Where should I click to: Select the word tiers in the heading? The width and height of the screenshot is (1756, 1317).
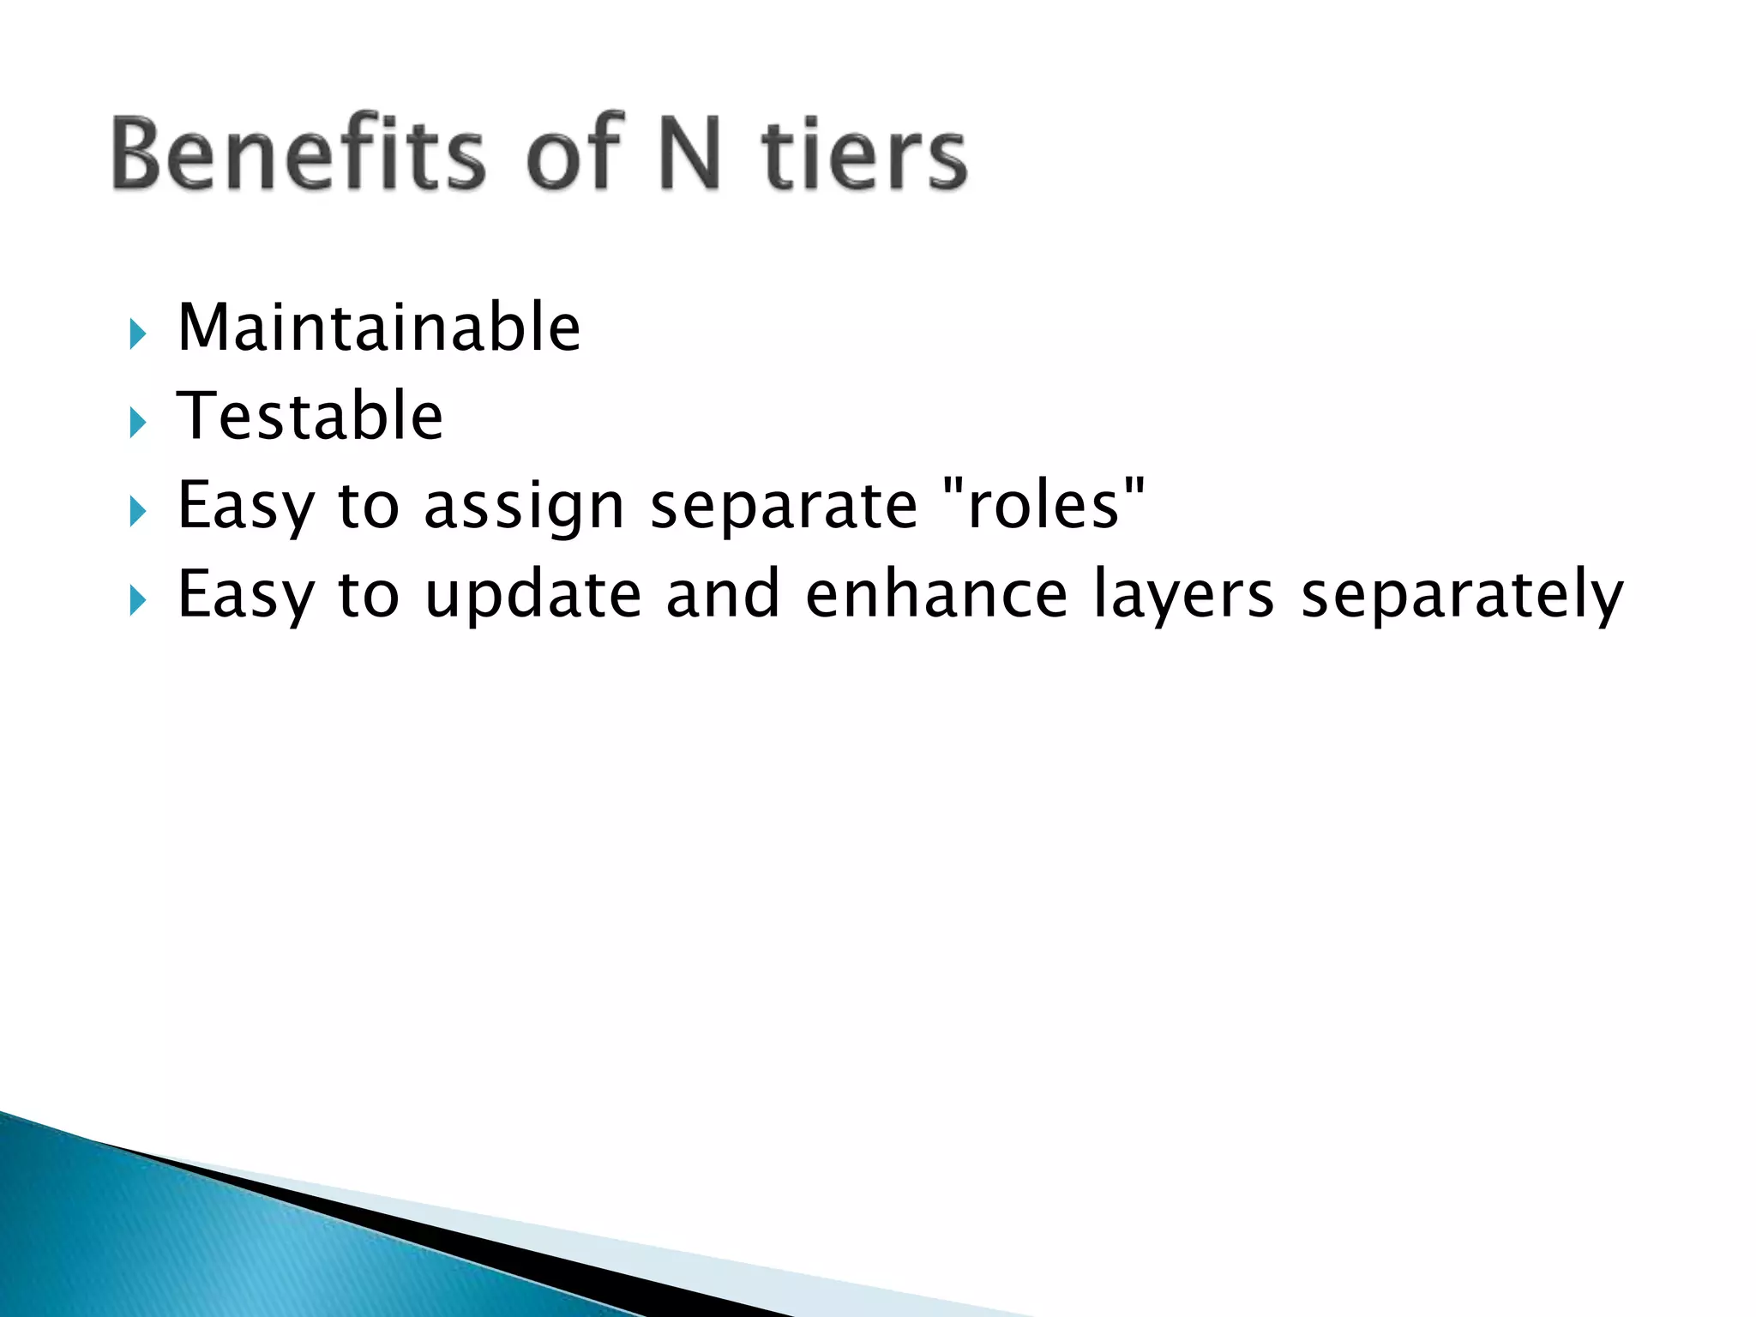tap(864, 154)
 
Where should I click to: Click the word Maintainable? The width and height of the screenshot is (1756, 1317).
tap(379, 328)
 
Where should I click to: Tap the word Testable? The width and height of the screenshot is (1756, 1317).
tap(310, 417)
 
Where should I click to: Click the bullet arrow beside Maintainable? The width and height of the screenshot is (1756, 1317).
tap(137, 333)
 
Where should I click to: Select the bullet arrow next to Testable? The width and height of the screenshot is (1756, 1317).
tap(137, 422)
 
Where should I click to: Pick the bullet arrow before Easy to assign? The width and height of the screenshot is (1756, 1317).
tap(137, 512)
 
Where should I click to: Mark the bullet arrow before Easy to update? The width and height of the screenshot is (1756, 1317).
tap(137, 600)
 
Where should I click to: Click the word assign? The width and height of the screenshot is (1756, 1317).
tap(524, 508)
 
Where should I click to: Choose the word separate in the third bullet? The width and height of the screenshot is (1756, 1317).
tap(784, 506)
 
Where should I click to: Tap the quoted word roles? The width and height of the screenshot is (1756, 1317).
tap(1043, 504)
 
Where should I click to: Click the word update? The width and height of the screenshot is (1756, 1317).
tap(532, 595)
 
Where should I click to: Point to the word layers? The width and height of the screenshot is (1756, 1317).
tap(1183, 595)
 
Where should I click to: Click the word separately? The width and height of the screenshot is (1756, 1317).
tap(1461, 595)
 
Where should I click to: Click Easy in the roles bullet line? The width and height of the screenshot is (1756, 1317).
tap(245, 508)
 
